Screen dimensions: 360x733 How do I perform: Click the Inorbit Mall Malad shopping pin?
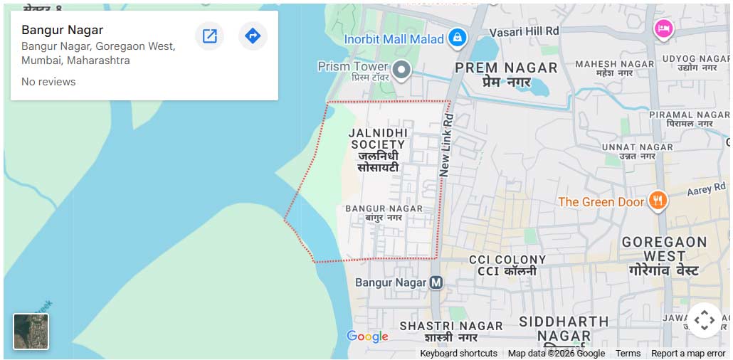(458, 38)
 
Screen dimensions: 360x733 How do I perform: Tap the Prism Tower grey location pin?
(402, 70)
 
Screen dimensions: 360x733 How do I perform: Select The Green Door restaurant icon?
(658, 201)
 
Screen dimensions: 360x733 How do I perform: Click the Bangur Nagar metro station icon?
(436, 282)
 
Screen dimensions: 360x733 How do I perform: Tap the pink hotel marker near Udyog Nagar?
(663, 29)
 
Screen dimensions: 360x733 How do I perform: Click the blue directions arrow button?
(253, 36)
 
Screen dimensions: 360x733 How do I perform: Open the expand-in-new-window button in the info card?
(209, 36)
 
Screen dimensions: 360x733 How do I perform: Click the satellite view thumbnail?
(31, 332)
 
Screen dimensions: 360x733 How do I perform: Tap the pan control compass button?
(704, 320)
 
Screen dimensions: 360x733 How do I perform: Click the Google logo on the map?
(367, 337)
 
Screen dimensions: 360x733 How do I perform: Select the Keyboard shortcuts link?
(458, 354)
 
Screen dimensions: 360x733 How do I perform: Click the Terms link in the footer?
(628, 354)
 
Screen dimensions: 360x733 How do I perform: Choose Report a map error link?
(688, 354)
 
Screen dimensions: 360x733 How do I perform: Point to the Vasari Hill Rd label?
(524, 31)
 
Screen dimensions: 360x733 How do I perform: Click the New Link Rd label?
(445, 139)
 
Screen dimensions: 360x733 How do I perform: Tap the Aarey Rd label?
(705, 191)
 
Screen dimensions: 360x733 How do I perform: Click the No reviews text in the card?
(48, 82)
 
